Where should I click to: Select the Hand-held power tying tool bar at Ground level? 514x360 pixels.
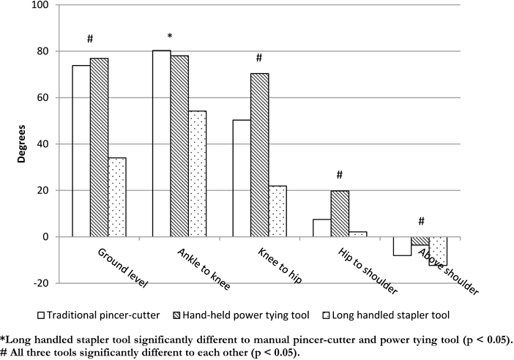tap(99, 147)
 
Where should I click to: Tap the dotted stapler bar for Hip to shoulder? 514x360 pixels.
tap(357, 234)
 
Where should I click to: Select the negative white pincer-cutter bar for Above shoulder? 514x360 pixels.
tap(402, 246)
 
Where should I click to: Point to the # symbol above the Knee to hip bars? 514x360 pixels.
tap(258, 59)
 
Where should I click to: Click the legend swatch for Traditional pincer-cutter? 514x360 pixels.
tap(42, 317)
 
